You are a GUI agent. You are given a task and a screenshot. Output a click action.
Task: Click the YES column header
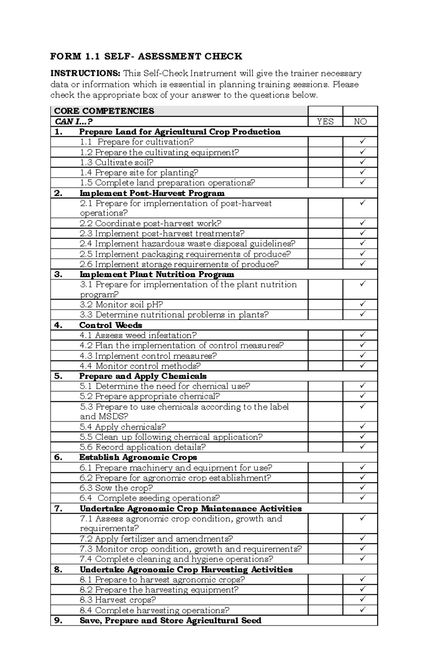(325, 122)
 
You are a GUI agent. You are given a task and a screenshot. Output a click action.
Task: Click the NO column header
(360, 122)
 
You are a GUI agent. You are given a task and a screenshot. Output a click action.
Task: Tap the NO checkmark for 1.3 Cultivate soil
(362, 162)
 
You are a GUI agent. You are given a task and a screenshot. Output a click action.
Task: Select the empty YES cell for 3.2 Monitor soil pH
(325, 304)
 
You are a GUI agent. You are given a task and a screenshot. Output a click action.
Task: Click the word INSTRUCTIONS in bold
(85, 74)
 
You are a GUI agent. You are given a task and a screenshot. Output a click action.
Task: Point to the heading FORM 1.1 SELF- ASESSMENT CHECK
(146, 56)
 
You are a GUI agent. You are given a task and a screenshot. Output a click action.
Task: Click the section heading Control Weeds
(111, 325)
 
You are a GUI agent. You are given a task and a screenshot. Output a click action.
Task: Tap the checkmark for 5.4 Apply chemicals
(362, 426)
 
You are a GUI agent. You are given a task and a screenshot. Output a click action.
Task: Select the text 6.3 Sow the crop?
(116, 488)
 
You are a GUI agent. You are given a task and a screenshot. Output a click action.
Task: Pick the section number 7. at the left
(58, 509)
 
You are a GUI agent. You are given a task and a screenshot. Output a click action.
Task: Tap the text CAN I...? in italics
(73, 122)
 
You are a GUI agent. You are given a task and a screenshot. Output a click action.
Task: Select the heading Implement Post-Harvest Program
(152, 193)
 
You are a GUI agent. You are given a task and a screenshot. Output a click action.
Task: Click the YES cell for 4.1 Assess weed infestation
(325, 335)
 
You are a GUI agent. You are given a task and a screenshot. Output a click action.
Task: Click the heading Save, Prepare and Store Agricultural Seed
(170, 621)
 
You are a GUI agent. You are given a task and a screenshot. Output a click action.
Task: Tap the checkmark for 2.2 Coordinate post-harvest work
(362, 223)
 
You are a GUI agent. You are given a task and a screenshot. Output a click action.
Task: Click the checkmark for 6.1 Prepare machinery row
(362, 467)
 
